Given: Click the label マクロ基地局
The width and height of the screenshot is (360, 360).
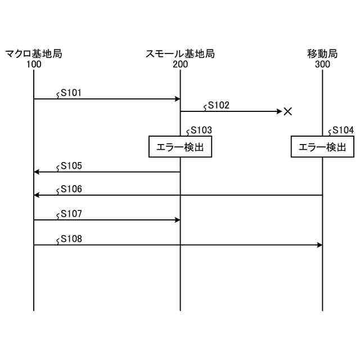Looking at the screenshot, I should point(34,55).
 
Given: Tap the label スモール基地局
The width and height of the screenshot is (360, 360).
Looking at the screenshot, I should point(180,55).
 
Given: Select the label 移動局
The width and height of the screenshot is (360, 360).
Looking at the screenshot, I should point(322,55).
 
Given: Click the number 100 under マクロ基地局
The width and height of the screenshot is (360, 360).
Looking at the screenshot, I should point(34,64).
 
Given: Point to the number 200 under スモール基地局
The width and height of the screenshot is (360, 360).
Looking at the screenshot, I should point(180,64).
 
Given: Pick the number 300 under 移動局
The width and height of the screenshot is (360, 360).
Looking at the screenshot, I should point(322,64).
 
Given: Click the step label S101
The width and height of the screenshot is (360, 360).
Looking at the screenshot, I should point(71,92).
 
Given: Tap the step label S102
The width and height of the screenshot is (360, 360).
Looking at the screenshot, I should point(218,105).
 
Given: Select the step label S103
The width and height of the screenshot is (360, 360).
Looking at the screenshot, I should point(201,130).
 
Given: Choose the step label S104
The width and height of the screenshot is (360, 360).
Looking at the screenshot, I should point(343,130).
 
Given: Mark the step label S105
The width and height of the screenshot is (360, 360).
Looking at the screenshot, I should point(71,165).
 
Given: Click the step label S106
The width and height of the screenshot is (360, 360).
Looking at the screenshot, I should point(71,188).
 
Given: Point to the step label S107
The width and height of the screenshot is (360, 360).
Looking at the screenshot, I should point(71,214).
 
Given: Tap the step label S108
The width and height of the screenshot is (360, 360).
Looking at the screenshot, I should point(71,238).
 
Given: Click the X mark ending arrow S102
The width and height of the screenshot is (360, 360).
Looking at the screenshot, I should point(287,111).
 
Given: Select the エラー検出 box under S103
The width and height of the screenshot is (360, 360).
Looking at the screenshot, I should point(180,147).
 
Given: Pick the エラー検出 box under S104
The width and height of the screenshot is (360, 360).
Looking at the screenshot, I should point(322,147).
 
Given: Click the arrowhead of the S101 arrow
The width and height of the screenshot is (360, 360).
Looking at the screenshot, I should point(177,99).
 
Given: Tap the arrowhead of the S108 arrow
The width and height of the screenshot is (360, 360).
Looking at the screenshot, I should point(319,245).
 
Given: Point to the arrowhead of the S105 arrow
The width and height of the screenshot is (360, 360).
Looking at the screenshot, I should point(37,172).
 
